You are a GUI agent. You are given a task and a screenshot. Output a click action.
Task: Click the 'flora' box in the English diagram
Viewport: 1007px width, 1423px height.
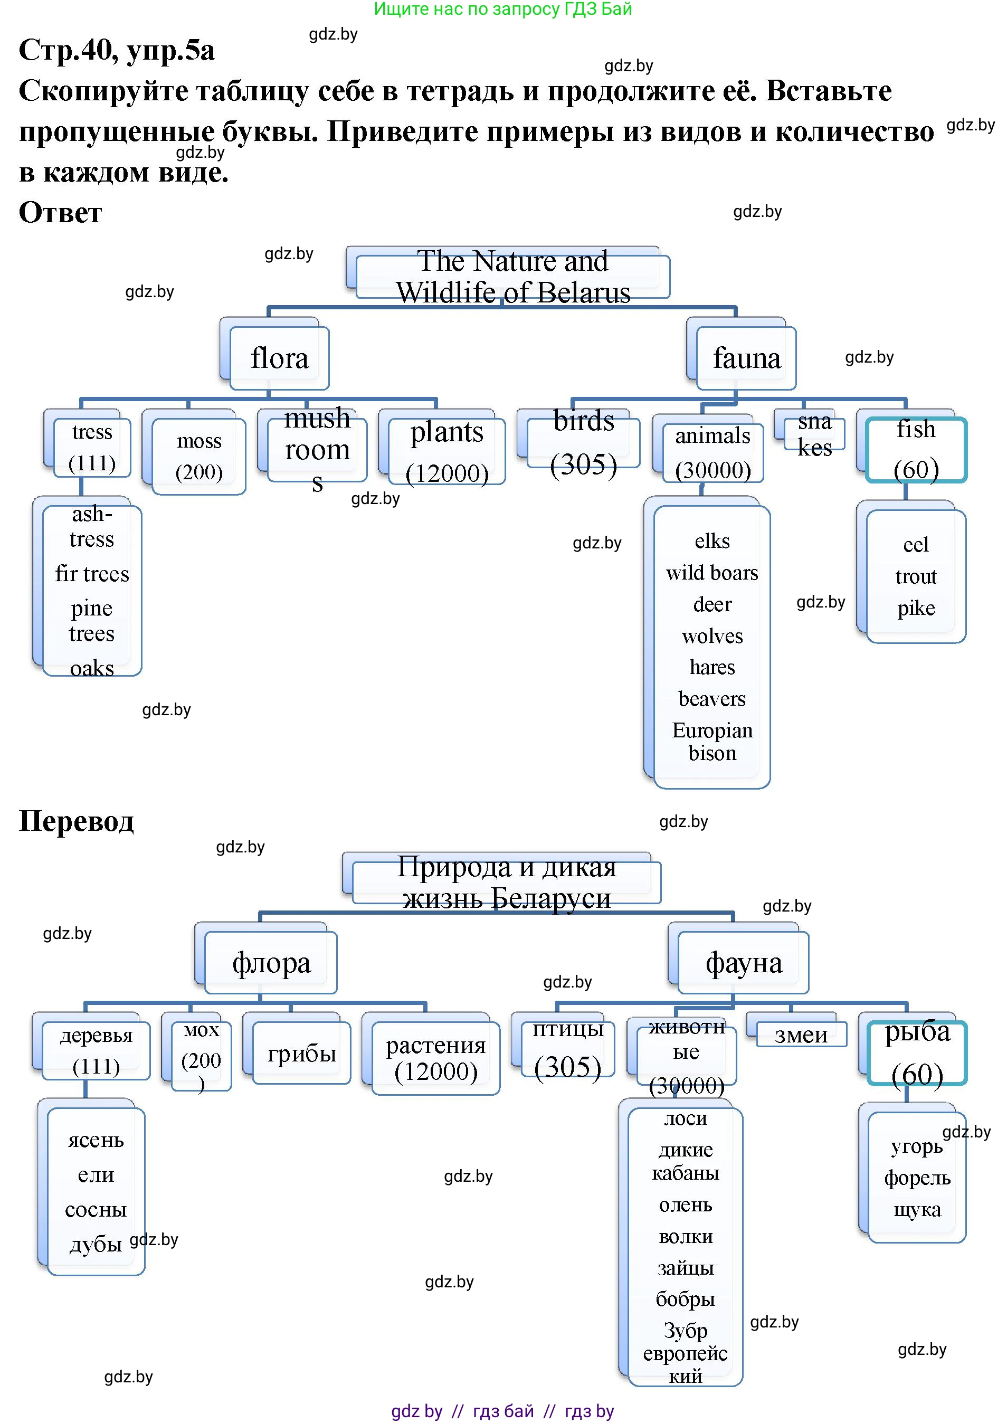279,358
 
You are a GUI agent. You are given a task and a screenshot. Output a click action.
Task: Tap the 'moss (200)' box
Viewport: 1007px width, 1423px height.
198,457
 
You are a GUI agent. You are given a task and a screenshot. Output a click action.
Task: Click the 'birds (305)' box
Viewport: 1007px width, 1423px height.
583,442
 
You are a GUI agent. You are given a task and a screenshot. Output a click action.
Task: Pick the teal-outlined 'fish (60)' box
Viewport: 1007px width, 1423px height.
916,450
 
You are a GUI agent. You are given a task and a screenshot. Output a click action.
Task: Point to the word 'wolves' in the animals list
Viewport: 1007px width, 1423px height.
712,635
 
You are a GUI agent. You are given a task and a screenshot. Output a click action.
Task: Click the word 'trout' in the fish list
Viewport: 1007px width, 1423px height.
916,576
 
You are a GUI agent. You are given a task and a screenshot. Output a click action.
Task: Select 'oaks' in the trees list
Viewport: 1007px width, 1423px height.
92,668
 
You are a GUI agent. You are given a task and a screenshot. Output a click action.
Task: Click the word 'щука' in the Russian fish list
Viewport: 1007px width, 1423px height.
917,1209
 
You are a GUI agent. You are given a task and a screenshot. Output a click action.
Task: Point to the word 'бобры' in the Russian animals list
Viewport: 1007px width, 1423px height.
685,1298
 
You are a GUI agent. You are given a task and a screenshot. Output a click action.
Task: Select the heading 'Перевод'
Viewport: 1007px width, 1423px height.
77,820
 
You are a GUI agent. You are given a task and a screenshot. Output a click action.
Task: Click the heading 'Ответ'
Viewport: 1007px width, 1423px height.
60,212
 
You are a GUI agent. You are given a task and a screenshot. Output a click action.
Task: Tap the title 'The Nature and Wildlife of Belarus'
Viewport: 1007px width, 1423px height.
513,277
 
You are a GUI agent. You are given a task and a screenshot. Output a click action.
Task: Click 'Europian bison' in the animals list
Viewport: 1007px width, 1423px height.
712,742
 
